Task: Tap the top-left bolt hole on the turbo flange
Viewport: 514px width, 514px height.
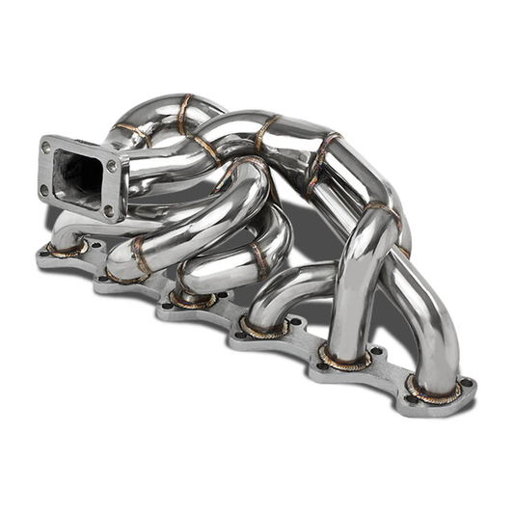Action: coord(46,147)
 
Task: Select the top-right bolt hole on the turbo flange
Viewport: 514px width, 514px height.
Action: coord(113,164)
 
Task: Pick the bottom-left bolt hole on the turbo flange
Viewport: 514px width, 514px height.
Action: coord(43,189)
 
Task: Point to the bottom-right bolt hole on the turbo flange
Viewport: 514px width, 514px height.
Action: coord(107,210)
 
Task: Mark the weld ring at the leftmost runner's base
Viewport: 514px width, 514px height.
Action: coord(68,248)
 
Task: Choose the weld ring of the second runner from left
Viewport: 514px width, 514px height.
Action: coord(125,273)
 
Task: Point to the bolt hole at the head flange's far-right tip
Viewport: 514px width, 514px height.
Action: coord(468,383)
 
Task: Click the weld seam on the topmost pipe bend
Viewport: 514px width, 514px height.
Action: coord(186,114)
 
